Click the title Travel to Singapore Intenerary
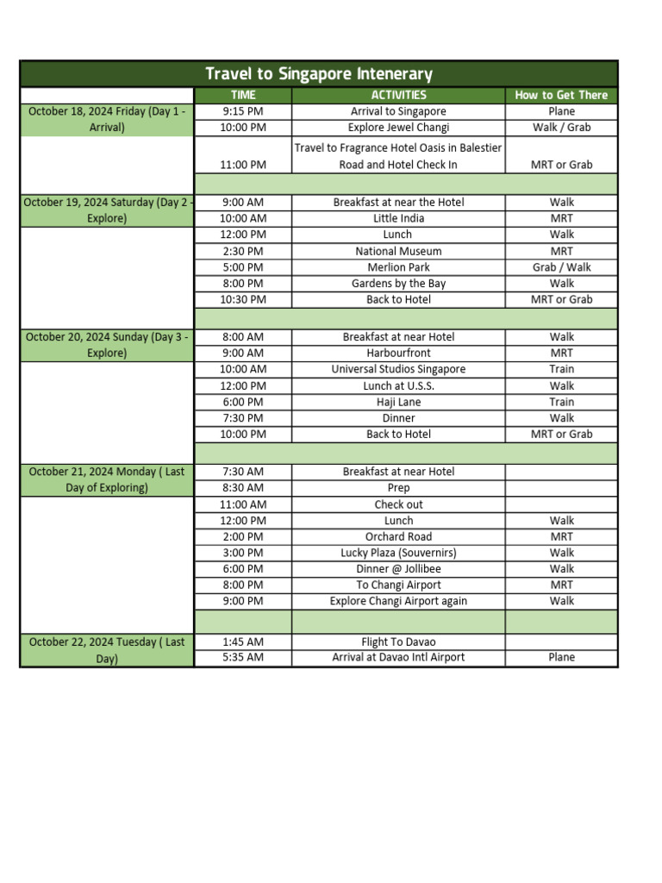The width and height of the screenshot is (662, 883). click(x=319, y=74)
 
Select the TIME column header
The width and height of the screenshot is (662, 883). click(x=243, y=95)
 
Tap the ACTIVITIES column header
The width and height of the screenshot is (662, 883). click(x=398, y=95)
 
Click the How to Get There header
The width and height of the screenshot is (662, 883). click(x=561, y=95)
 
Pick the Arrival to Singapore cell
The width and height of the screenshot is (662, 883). click(x=398, y=111)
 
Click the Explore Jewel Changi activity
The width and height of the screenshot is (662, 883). click(x=398, y=128)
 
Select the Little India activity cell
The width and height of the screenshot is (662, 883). click(x=398, y=218)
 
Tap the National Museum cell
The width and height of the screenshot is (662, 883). click(x=398, y=251)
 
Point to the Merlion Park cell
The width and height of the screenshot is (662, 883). click(x=398, y=267)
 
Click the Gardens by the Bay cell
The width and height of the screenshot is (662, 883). click(x=398, y=284)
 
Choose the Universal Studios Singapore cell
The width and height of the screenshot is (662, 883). click(x=398, y=369)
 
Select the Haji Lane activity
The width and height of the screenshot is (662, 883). click(x=398, y=402)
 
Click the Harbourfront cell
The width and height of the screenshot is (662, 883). click(x=398, y=353)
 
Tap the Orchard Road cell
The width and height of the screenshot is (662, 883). click(x=398, y=536)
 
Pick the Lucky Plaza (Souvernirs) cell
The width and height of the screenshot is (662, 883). click(x=398, y=553)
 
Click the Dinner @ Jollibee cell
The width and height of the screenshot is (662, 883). click(x=398, y=569)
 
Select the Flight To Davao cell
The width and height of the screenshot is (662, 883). click(x=398, y=642)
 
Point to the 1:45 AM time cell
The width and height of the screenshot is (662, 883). click(x=243, y=642)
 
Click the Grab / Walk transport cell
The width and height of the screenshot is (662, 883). click(x=561, y=267)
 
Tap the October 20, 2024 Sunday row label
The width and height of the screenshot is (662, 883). click(x=107, y=345)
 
